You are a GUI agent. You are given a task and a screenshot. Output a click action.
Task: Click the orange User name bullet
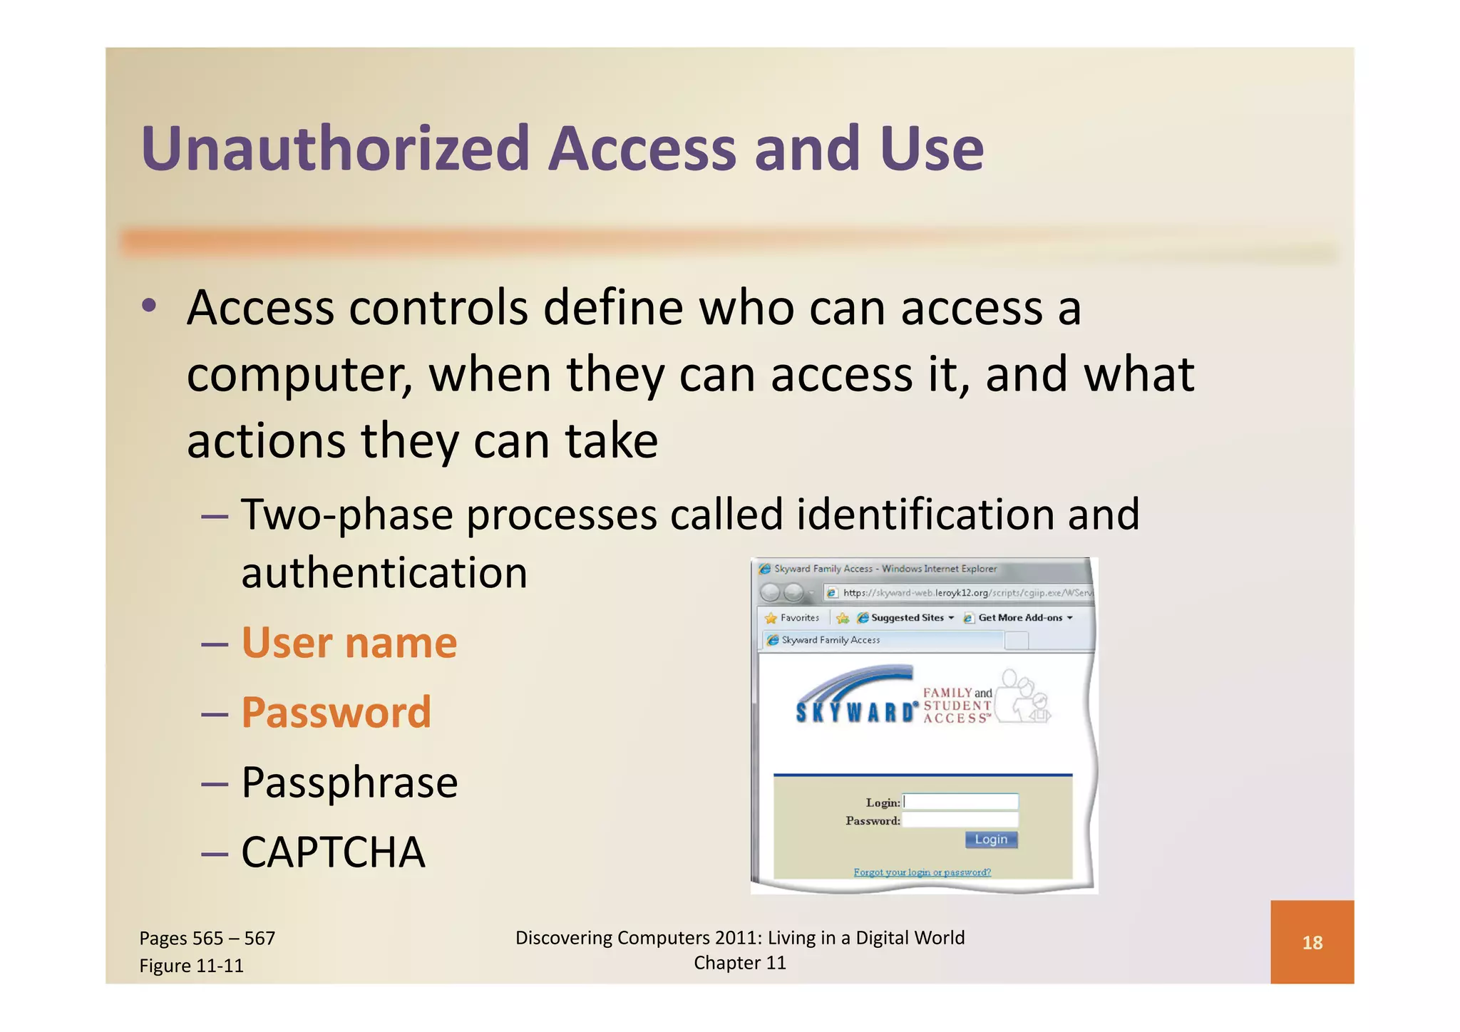pos(349,643)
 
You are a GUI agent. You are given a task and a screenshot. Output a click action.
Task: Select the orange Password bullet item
pos(336,712)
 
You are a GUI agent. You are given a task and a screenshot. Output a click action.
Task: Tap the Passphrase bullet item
pos(349,782)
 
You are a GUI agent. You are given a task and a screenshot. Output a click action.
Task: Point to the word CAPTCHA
pos(333,852)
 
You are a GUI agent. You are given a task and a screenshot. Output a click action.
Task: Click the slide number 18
pos(1312,943)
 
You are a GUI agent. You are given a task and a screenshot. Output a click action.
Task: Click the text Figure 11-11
pos(191,966)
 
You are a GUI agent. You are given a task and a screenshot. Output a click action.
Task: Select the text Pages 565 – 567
pos(207,938)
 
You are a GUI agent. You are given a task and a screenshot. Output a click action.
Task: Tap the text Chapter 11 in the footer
pos(739,963)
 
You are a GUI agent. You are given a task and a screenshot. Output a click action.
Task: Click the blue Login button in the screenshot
pos(991,840)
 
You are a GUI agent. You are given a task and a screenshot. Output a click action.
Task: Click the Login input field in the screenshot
pos(960,802)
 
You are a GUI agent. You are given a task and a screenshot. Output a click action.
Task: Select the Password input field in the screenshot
pos(960,820)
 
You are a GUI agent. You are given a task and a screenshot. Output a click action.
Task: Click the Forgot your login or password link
pos(922,872)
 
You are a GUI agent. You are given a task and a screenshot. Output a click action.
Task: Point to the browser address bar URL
pos(966,593)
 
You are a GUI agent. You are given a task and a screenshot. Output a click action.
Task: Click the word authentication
pos(384,573)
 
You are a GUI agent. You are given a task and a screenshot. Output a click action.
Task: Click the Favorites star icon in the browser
pos(771,618)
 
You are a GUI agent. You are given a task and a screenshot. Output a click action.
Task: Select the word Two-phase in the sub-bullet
pos(346,515)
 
